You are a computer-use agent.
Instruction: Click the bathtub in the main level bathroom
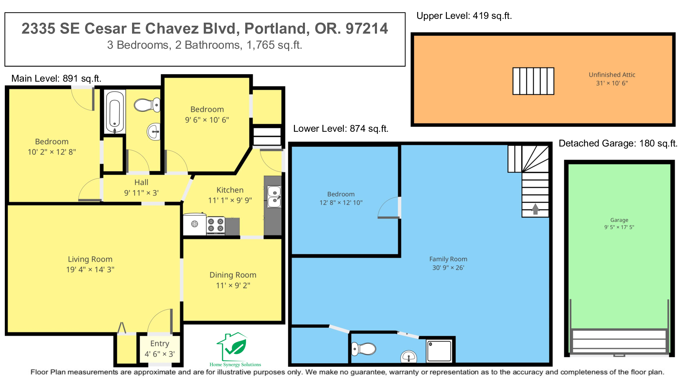point(115,112)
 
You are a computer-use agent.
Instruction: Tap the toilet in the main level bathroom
point(147,105)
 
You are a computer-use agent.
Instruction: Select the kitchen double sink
point(274,197)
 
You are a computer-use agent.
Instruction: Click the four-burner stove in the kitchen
point(216,225)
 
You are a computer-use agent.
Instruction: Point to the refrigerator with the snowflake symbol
point(194,224)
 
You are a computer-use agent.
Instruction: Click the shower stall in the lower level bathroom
point(439,351)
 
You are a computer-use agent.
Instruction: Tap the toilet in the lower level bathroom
point(364,349)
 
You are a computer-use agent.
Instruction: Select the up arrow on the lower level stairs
point(535,209)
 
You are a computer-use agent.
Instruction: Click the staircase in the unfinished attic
point(533,81)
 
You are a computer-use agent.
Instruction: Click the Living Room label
point(90,259)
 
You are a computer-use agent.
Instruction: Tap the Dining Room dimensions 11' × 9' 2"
point(233,285)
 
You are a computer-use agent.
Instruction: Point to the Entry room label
point(160,343)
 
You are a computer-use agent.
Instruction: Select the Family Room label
point(448,259)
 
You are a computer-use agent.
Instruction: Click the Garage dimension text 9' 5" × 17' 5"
point(619,227)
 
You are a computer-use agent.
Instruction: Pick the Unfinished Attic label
point(612,75)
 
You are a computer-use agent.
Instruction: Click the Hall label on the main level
point(141,183)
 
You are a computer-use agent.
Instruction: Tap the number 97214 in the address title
point(367,28)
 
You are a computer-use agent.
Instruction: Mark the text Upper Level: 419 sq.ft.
point(464,16)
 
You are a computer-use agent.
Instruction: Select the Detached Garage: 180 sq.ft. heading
point(618,143)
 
